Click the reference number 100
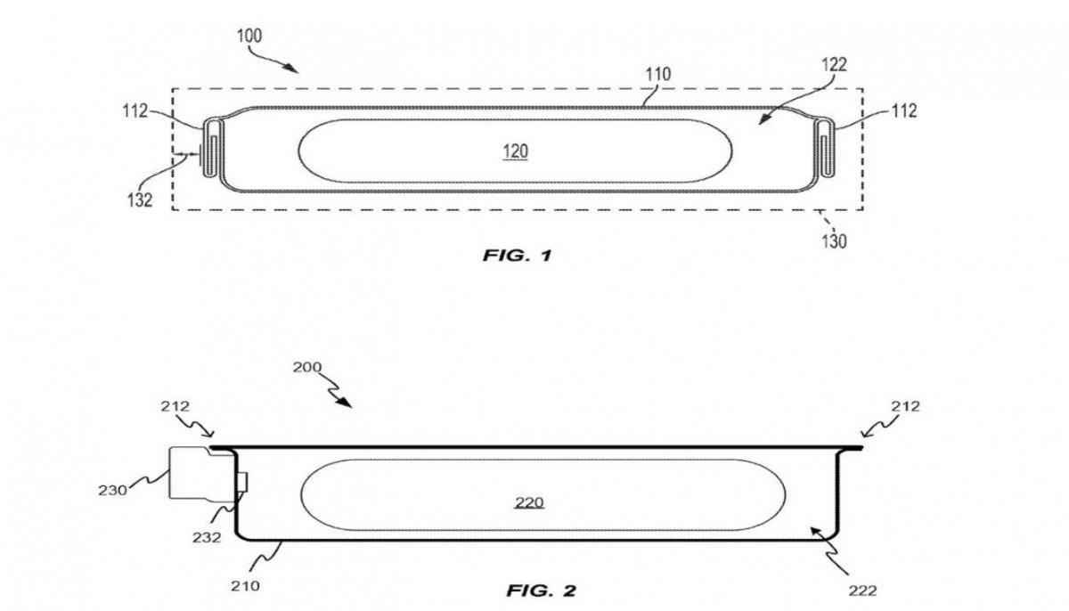pyautogui.click(x=250, y=37)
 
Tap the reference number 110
pyautogui.click(x=660, y=75)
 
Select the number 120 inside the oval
pyautogui.click(x=515, y=152)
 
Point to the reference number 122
pyautogui.click(x=834, y=64)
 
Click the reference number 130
pyautogui.click(x=835, y=240)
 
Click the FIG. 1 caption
pyautogui.click(x=518, y=256)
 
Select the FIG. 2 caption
pyautogui.click(x=542, y=590)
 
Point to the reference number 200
pyautogui.click(x=307, y=368)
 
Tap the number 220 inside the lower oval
pyautogui.click(x=529, y=503)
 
